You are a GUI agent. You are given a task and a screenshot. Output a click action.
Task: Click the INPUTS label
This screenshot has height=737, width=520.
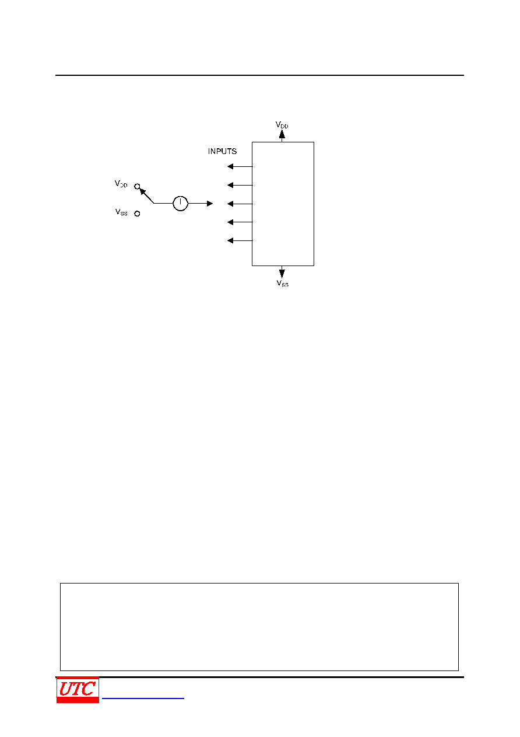tap(222, 151)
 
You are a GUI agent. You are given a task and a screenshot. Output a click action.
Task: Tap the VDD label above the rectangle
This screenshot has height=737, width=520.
tap(282, 125)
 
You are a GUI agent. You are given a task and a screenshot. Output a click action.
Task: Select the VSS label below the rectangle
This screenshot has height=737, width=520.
tap(282, 283)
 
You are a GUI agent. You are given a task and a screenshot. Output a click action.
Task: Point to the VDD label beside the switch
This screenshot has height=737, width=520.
tap(121, 184)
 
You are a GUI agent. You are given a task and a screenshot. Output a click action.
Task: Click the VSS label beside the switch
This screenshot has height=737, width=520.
tap(121, 212)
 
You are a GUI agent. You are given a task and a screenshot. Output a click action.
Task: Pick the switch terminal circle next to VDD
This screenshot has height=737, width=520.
tap(137, 187)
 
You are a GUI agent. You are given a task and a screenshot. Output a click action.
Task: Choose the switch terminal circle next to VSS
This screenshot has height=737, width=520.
tap(137, 214)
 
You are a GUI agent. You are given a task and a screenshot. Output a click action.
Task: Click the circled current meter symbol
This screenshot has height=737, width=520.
tap(180, 203)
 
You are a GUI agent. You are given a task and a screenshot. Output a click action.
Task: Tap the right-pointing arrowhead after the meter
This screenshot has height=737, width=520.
tap(210, 204)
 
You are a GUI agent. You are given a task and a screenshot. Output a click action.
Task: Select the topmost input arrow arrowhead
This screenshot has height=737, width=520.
tap(230, 166)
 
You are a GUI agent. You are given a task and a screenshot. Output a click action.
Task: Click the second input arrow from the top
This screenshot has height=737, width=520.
tap(240, 185)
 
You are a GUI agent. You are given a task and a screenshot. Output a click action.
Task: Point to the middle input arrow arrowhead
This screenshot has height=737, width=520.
tap(230, 204)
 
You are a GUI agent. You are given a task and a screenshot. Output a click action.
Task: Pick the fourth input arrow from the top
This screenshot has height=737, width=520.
tap(240, 222)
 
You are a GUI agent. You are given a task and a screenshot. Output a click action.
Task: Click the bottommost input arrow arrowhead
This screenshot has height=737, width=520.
tap(230, 241)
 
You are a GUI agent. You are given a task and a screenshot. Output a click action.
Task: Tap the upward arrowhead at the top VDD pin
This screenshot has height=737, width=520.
tap(282, 134)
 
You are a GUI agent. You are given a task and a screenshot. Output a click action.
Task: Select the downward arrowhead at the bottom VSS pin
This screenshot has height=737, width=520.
tap(282, 274)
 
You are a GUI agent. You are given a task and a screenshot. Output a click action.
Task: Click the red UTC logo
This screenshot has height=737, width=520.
tap(78, 690)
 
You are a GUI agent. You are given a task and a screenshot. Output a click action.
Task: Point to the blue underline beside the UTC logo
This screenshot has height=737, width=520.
tap(143, 698)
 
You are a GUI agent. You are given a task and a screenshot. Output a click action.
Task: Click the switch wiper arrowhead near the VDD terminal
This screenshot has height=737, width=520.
tap(142, 191)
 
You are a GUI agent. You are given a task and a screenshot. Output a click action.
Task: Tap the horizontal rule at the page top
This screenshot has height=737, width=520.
tap(259, 75)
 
